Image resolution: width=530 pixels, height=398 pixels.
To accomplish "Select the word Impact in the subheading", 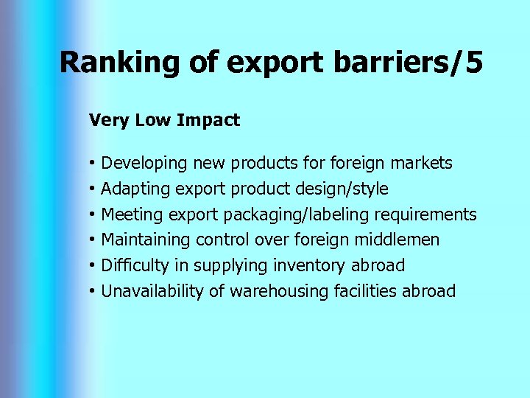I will [212, 120].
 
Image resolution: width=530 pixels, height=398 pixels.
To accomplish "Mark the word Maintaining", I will [146, 240].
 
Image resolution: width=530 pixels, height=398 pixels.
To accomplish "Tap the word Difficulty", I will [135, 265].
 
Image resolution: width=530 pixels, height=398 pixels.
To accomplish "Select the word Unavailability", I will [152, 291].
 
